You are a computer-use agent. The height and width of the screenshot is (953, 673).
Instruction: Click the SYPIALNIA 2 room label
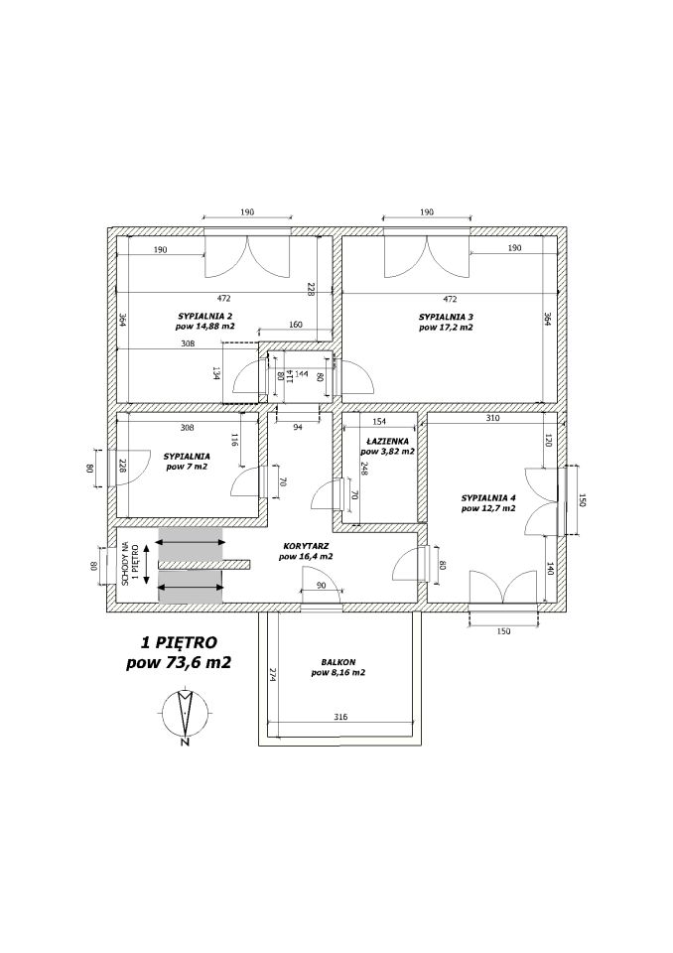pyautogui.click(x=204, y=316)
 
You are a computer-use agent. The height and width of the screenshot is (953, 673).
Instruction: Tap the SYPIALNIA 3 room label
pyautogui.click(x=446, y=317)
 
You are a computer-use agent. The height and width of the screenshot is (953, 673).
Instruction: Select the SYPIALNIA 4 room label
pyautogui.click(x=488, y=498)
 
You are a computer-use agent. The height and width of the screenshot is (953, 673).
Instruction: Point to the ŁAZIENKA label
pyautogui.click(x=387, y=441)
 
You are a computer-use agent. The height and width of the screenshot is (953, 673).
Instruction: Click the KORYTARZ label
pyautogui.click(x=306, y=546)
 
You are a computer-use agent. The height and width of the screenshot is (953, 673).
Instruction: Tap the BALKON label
pyautogui.click(x=338, y=662)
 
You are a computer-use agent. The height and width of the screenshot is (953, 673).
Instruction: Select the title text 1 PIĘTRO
pyautogui.click(x=179, y=641)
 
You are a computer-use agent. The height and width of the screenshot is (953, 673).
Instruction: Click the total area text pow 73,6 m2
pyautogui.click(x=179, y=662)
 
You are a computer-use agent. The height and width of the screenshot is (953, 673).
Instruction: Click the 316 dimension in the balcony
pyautogui.click(x=340, y=717)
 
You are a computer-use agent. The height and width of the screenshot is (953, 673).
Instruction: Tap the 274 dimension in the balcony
pyautogui.click(x=272, y=675)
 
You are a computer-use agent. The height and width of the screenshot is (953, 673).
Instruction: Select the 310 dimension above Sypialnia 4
pyautogui.click(x=492, y=418)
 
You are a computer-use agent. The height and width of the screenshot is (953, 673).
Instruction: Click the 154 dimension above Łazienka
pyautogui.click(x=379, y=422)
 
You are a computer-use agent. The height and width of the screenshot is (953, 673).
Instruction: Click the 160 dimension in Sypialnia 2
pyautogui.click(x=295, y=326)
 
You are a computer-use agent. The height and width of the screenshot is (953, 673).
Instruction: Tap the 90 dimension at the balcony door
pyautogui.click(x=322, y=586)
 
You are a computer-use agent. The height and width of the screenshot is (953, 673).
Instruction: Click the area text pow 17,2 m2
pyautogui.click(x=446, y=327)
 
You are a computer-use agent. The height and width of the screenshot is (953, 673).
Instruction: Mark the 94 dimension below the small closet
pyautogui.click(x=298, y=427)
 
